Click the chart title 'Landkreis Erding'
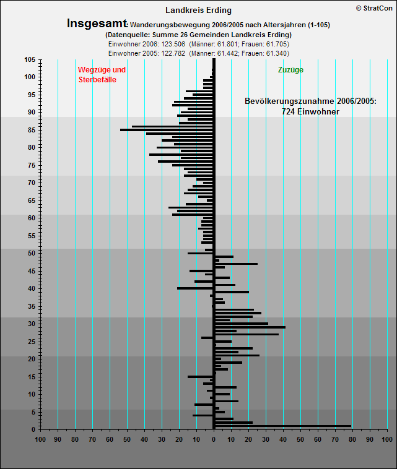[198, 10]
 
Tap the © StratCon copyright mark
[374, 9]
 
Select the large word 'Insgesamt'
[97, 24]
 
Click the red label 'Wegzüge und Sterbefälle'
[102, 74]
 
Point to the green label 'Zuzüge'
[290, 70]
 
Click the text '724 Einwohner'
[310, 111]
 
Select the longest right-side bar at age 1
[283, 426]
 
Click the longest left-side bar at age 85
[167, 130]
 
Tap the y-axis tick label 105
[30, 60]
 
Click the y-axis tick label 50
[32, 253]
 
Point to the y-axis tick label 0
[33, 429]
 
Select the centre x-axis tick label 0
[214, 439]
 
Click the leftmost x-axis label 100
[40, 439]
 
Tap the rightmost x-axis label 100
[387, 439]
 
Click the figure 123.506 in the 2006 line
[173, 45]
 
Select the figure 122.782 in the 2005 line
[173, 54]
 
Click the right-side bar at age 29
[250, 327]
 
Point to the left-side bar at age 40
[195, 288]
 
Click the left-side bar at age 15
[200, 377]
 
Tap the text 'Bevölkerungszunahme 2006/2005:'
[310, 101]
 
